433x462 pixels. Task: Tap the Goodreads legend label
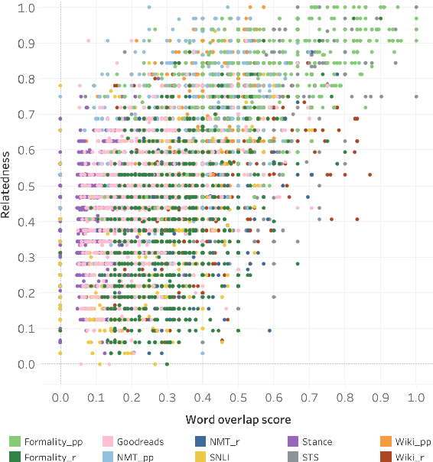coord(135,442)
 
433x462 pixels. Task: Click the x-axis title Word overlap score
coord(238,419)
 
